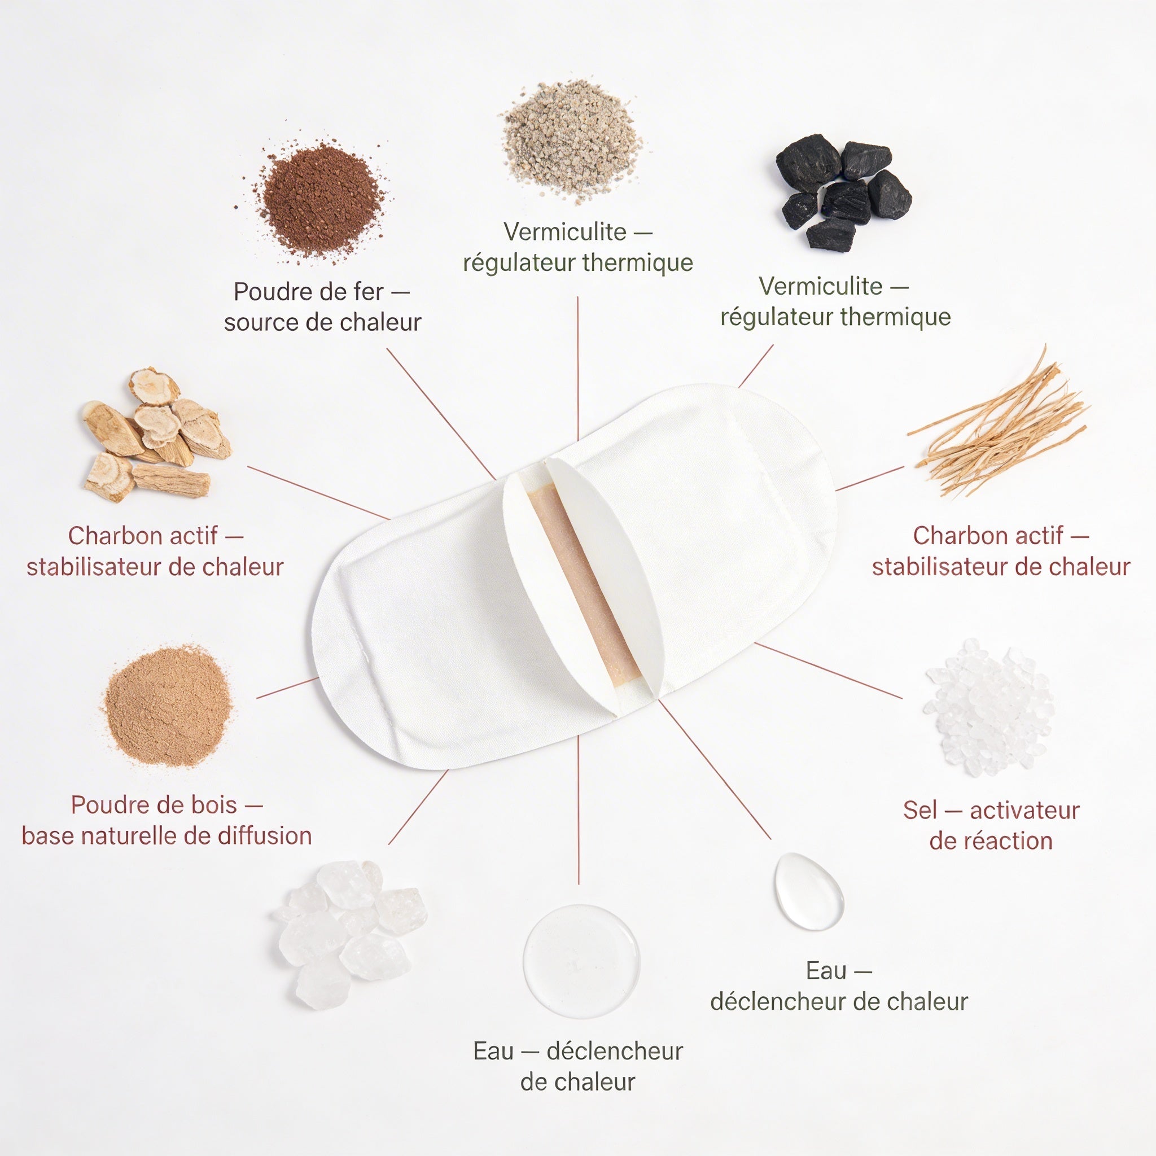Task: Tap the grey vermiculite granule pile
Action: coord(571,142)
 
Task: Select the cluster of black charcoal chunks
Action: coord(843,191)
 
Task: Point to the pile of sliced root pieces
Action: coord(154,435)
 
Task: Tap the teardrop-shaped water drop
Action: coord(808,891)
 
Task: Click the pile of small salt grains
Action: coord(988,708)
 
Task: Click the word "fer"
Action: coord(369,292)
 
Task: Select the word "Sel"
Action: coord(920,811)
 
